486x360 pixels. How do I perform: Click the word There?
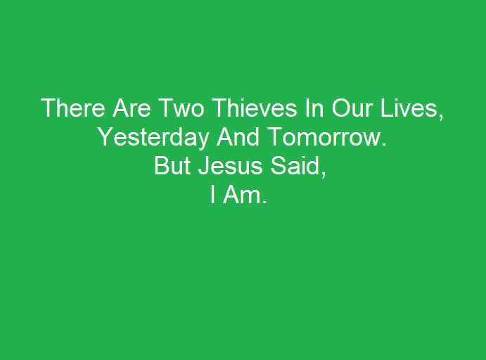[73, 108]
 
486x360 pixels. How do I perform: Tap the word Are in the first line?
[132, 108]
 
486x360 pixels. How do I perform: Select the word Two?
[181, 108]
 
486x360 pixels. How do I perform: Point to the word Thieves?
[255, 108]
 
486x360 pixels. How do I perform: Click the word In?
[314, 108]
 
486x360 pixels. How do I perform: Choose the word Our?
[352, 108]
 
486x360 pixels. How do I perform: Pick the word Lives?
[409, 108]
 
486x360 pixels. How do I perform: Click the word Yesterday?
[153, 137]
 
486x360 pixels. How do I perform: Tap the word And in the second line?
[238, 136]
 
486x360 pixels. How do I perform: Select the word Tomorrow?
[324, 136]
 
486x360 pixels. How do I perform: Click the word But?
[172, 166]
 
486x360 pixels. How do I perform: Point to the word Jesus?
[230, 166]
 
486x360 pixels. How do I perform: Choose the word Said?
[295, 166]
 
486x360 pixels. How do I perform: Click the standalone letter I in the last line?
[212, 195]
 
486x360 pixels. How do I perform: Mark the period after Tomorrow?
[384, 143]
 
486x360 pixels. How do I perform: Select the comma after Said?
[324, 174]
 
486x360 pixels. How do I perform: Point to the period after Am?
[264, 202]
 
